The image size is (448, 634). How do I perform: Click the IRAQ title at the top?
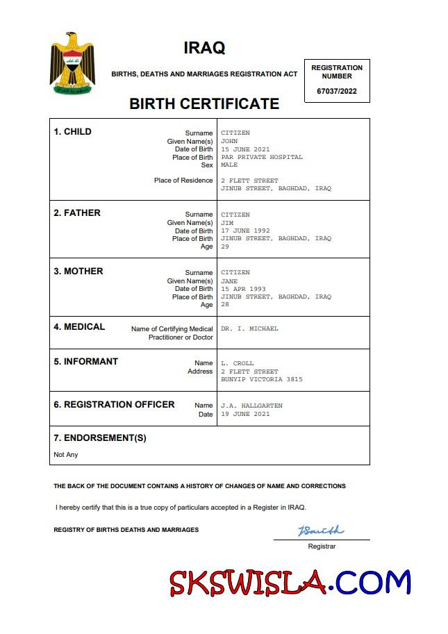point(204,48)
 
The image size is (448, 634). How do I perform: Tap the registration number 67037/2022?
point(337,91)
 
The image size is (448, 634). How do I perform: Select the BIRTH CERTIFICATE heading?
point(204,104)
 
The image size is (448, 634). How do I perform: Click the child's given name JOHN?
point(229,141)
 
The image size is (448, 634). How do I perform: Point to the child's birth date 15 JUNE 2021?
point(245,149)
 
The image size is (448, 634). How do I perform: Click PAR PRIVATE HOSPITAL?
point(262,157)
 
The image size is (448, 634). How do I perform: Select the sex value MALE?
point(229,165)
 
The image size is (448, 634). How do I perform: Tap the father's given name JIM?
point(227,223)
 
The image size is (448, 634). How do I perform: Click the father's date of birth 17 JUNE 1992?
point(245,231)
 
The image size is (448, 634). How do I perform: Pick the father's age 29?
point(225,247)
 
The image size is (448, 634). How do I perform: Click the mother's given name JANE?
point(229,281)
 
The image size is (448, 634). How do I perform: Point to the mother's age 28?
point(225,305)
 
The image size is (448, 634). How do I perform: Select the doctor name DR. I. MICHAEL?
point(249,328)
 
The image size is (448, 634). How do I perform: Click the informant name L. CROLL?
point(238,363)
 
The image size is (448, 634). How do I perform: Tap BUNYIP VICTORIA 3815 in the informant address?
point(262,380)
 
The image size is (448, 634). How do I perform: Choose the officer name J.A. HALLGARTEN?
point(251,406)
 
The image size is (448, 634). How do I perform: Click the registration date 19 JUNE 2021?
point(245,414)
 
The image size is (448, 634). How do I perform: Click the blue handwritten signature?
point(321,531)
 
